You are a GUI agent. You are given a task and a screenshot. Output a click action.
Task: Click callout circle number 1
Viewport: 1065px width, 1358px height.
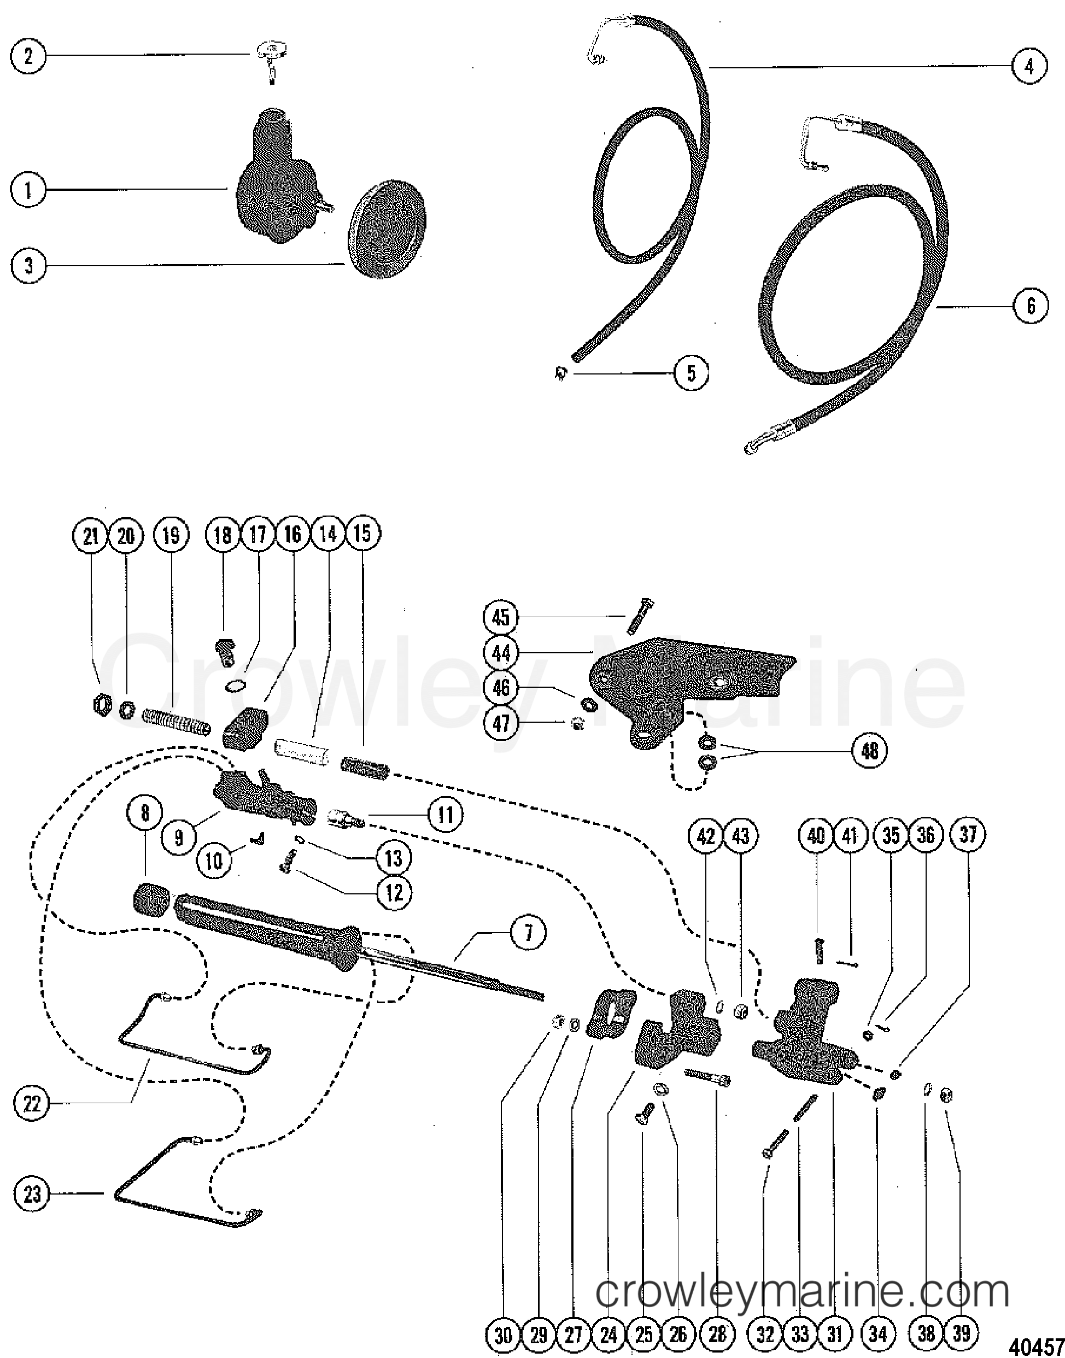point(28,190)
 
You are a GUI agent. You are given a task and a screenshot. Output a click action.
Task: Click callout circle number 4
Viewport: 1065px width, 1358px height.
point(1029,66)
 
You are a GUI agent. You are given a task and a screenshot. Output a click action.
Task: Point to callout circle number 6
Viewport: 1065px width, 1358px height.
point(1031,306)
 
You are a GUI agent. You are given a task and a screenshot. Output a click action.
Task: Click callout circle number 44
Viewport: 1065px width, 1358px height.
point(501,653)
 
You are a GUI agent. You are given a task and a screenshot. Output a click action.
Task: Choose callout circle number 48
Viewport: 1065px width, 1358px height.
point(870,750)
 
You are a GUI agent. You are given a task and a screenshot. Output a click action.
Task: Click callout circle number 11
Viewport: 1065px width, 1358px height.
point(445,814)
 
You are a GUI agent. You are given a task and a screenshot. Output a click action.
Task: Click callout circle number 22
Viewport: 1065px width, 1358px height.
point(32,1104)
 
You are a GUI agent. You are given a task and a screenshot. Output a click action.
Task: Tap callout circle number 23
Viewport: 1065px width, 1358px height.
point(32,1194)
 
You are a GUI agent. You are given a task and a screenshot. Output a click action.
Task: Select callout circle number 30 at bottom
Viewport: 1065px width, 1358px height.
point(503,1334)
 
